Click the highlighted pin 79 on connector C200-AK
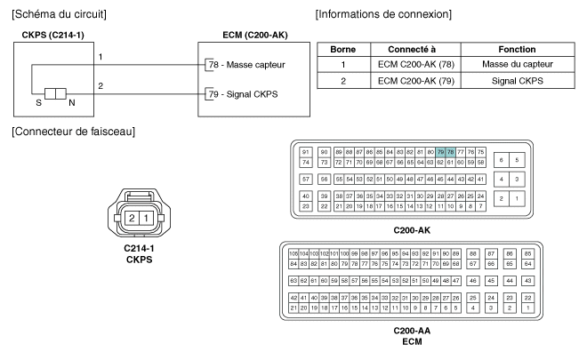pyautogui.click(x=440, y=152)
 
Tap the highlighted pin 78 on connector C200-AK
pyautogui.click(x=450, y=152)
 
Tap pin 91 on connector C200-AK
pyautogui.click(x=306, y=152)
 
